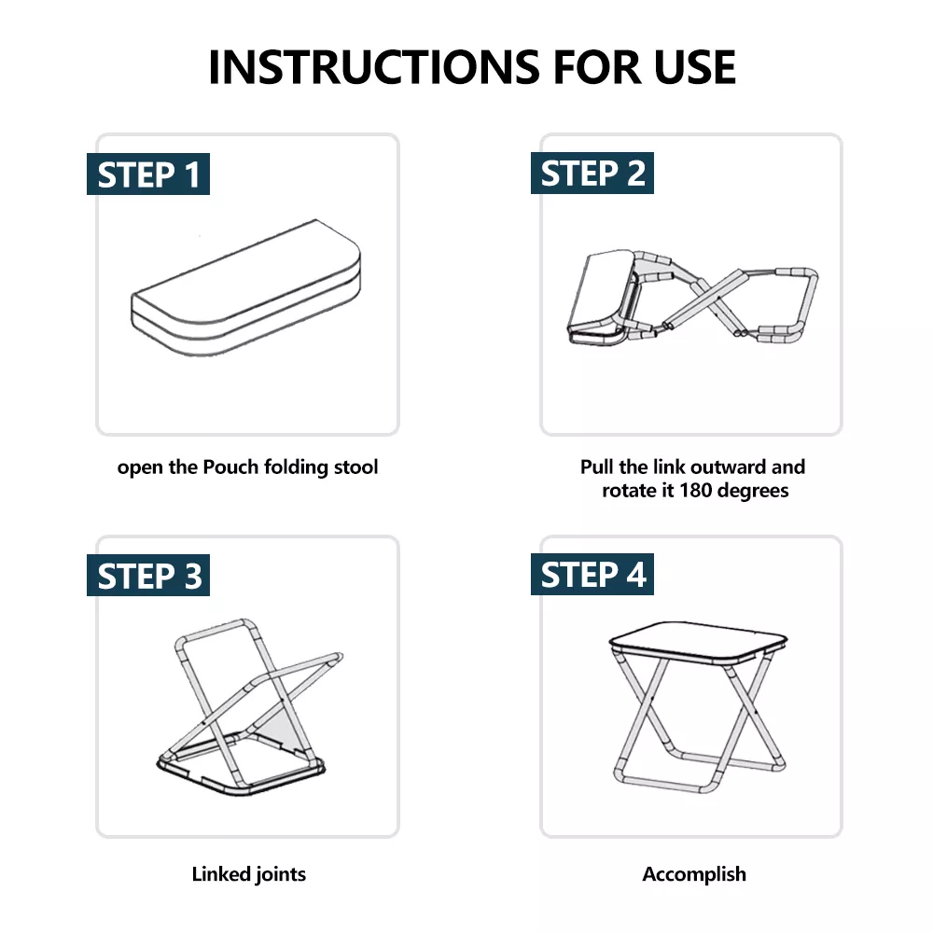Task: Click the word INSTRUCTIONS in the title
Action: point(374,66)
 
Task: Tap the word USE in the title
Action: point(694,66)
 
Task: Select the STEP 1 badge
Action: point(148,174)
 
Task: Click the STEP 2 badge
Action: point(592,174)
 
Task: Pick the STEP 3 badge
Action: point(148,576)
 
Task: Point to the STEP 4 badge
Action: point(592,574)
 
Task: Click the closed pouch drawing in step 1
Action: point(245,288)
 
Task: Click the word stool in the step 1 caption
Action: point(355,467)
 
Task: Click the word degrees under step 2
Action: point(753,491)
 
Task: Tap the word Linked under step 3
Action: point(220,874)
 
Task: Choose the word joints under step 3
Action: point(281,875)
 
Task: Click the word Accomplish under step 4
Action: point(694,875)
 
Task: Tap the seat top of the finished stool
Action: point(699,642)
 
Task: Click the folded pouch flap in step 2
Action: point(601,298)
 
